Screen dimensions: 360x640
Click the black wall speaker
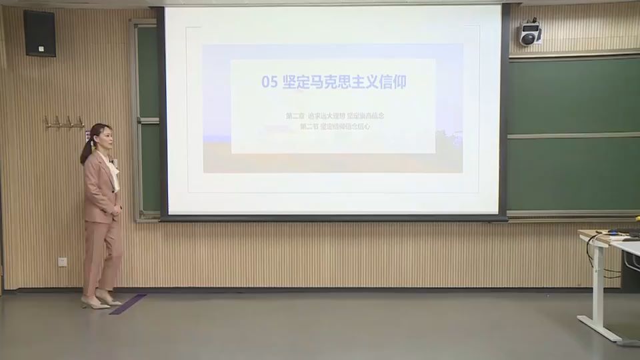pos(39,33)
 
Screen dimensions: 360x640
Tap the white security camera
pos(530,33)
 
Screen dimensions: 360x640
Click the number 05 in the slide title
pos(269,82)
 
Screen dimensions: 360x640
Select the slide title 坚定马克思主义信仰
pos(344,82)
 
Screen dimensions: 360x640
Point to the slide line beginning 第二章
pos(335,116)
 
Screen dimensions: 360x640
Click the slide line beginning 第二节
pos(335,126)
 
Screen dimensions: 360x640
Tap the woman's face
pos(105,137)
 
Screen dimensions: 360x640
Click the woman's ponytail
pos(87,151)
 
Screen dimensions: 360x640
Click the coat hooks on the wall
pos(64,122)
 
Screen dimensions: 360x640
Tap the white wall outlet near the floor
pos(62,261)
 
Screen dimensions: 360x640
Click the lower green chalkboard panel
pos(573,173)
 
